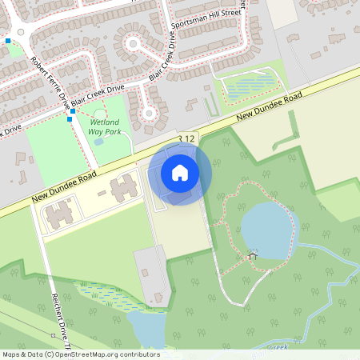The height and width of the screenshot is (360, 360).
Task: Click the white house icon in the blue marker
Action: (x=180, y=173)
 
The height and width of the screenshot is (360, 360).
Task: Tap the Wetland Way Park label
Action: (x=105, y=126)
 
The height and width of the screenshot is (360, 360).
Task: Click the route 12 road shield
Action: (x=187, y=139)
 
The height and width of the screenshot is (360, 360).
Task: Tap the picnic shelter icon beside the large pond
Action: (x=253, y=256)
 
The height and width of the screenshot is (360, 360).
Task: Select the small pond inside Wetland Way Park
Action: (x=98, y=142)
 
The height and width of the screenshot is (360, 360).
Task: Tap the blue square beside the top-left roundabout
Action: (x=8, y=40)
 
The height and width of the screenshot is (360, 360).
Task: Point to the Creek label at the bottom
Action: (x=276, y=347)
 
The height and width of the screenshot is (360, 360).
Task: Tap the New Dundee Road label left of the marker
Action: (x=65, y=185)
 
